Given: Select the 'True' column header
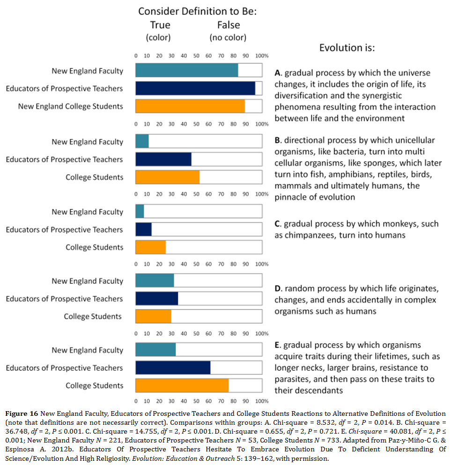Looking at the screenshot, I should point(160,25).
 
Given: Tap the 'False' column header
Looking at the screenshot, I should point(228,25).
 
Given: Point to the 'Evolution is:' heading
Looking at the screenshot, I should point(347,48).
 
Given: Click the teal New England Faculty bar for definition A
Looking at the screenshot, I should point(186,71).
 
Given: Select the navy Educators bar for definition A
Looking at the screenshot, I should point(195,89).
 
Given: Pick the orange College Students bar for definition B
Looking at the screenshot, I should point(167,177).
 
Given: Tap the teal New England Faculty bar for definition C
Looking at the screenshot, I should point(140,212).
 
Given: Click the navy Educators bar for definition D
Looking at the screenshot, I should point(156,299).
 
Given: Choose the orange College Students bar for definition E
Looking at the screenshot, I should point(182,385).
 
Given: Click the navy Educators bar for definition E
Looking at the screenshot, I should point(173,368).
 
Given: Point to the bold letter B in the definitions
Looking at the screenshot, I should point(277,140).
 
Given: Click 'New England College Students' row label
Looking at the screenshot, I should point(70,106).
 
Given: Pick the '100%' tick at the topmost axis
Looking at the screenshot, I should point(262,56).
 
